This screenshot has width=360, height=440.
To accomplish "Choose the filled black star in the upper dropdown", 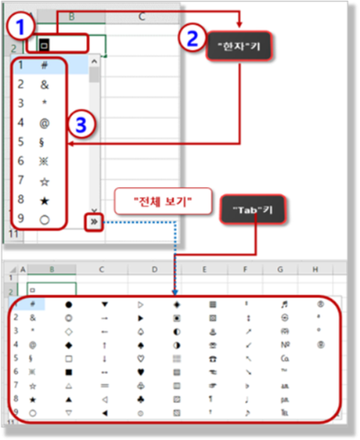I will click(44, 196).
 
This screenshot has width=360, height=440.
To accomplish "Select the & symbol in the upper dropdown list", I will click(44, 84).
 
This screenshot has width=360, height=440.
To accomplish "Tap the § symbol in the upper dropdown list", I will click(44, 139).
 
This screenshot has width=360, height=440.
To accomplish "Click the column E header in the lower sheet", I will click(205, 268).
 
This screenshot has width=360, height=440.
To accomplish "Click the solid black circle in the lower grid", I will click(68, 304).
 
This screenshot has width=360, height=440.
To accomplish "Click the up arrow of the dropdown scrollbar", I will click(94, 66).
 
